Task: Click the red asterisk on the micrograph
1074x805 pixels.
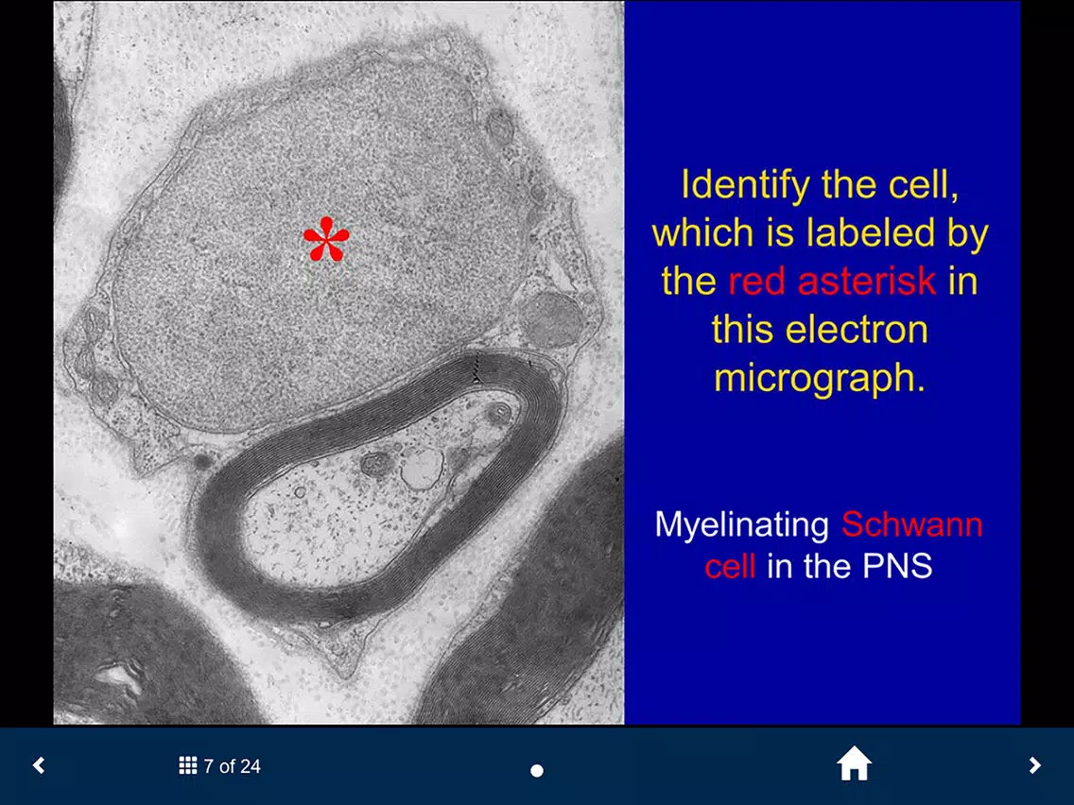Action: (326, 239)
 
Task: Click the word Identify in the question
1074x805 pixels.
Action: (745, 185)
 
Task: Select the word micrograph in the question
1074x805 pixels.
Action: (819, 379)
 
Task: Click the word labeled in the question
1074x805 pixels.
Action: (872, 232)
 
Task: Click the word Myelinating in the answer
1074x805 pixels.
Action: (742, 525)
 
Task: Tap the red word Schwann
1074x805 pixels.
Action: (911, 524)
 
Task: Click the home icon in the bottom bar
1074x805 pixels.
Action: (854, 764)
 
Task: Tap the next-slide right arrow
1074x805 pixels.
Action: (1034, 764)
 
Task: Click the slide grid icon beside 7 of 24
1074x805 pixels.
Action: (188, 765)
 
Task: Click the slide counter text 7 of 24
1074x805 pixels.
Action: (232, 766)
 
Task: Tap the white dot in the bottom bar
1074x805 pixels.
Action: (537, 771)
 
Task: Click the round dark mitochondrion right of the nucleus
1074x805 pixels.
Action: (551, 319)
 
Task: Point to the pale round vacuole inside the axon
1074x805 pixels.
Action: (422, 468)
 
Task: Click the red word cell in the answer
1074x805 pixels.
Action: (730, 566)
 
